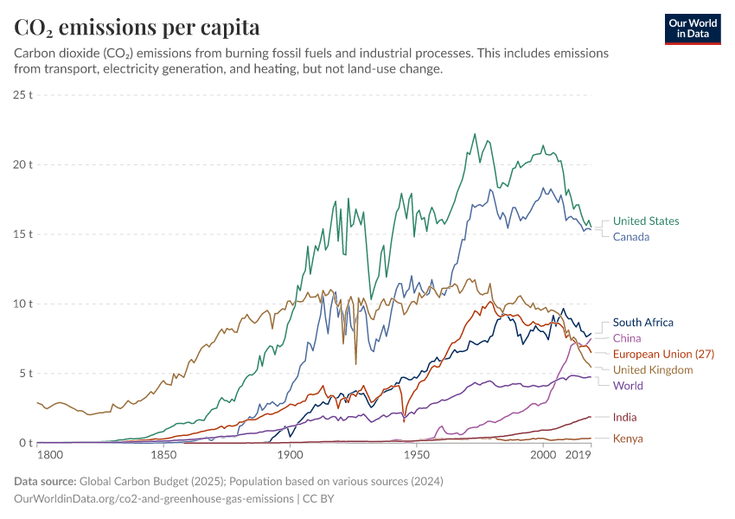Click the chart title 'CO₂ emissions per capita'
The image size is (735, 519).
click(x=137, y=27)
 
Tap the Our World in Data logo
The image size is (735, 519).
click(x=692, y=29)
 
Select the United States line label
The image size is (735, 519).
click(x=646, y=221)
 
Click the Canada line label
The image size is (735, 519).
click(x=631, y=236)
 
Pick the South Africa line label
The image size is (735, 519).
click(x=642, y=323)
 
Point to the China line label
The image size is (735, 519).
click(x=627, y=338)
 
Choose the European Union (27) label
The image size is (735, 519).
click(x=663, y=354)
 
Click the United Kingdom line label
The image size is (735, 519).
click(x=653, y=369)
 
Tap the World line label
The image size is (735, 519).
click(x=628, y=385)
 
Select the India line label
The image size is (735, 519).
click(x=625, y=417)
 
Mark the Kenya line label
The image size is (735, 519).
click(x=628, y=439)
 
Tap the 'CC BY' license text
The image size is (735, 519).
click(x=318, y=499)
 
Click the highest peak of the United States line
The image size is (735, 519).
click(x=475, y=134)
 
